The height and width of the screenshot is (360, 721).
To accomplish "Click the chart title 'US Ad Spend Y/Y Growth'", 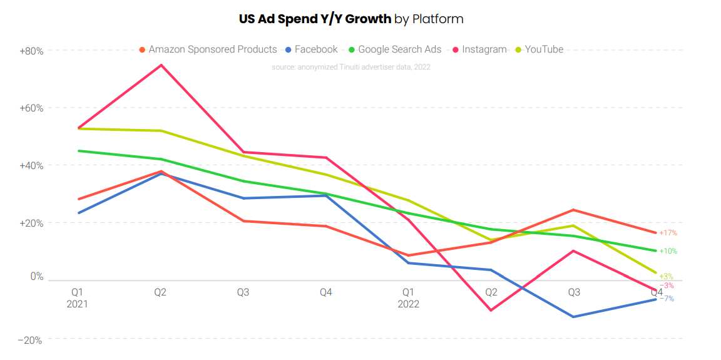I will click(315, 19).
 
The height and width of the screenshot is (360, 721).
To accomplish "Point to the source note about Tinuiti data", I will click(351, 66).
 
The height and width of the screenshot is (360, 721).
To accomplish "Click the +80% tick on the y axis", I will click(31, 51).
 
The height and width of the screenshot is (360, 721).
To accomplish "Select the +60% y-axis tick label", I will click(31, 108).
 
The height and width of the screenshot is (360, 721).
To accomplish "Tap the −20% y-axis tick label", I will click(31, 340).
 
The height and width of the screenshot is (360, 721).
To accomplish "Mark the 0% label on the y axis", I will click(37, 276).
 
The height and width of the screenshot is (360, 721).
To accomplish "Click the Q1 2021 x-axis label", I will click(77, 298).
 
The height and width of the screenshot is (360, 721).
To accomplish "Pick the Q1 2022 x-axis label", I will click(408, 298).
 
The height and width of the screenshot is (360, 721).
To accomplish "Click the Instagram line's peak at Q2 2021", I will click(161, 65).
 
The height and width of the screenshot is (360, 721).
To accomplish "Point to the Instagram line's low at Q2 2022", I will click(491, 310).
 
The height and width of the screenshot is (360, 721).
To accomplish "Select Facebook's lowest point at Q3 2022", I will click(573, 317).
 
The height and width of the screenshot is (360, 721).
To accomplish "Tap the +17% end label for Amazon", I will click(668, 233).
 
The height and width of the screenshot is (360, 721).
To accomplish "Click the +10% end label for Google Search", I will click(668, 251).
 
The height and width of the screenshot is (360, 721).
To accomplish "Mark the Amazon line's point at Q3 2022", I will click(573, 210).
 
